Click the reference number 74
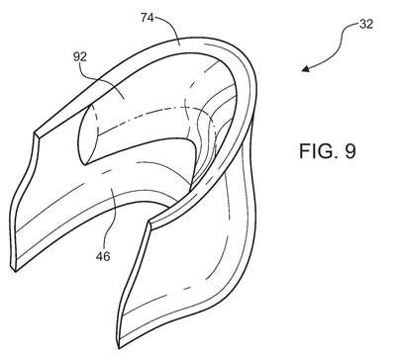coord(148,18)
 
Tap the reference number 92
coord(80,57)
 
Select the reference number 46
coord(103,256)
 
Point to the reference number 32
coord(366,24)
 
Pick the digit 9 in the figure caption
coord(350,151)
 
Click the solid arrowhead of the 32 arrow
coord(306,68)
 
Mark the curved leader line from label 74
coord(167,27)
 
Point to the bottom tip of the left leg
coord(15,271)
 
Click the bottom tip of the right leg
coord(120,347)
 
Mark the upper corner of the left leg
coord(35,133)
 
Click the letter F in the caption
coord(304,151)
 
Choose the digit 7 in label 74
coord(145,18)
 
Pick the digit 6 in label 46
coord(107,256)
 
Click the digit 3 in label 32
coord(362,24)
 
